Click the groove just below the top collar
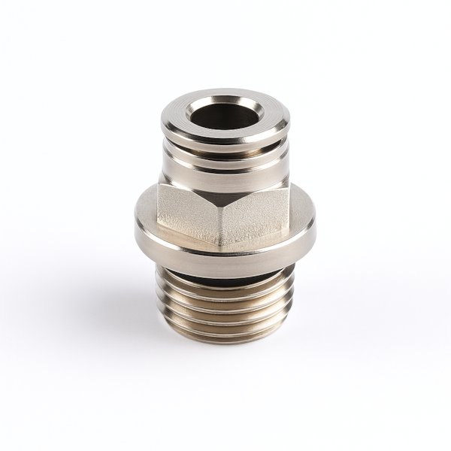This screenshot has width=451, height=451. [x=225, y=150]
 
